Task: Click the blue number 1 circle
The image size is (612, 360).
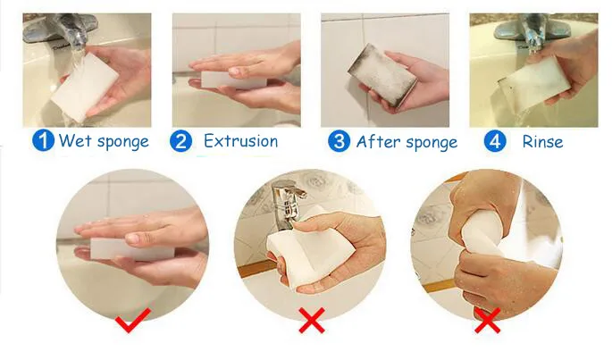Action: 43,140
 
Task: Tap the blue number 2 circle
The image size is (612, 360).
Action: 180,141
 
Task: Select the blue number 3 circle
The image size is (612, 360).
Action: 339,141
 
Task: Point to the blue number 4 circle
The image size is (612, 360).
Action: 495,141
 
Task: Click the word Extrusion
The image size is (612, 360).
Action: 241,141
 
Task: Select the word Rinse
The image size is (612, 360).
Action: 542,142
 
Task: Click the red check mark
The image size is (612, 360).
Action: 133,320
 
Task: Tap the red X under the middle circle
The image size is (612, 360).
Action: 312,320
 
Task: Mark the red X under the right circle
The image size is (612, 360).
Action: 487,321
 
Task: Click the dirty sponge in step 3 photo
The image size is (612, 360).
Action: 382,74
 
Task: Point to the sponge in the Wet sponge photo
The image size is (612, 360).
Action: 85,87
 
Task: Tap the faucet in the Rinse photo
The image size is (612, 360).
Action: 527,30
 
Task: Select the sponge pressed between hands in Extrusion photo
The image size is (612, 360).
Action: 234,80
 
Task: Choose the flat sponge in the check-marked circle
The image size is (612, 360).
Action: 132,249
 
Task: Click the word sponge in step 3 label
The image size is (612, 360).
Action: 431,143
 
